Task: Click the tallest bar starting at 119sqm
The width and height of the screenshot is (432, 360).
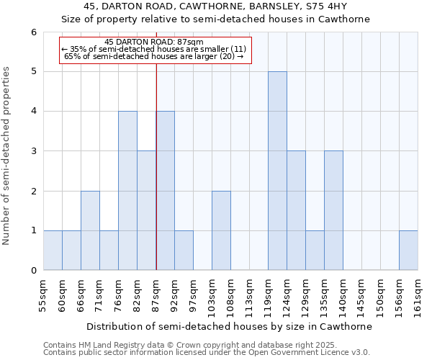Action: coord(277,171)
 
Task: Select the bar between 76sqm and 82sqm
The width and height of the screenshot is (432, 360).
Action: coord(127,191)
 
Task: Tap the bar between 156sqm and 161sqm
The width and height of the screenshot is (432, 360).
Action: coord(408,251)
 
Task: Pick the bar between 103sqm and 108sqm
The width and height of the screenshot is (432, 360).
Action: coord(221,230)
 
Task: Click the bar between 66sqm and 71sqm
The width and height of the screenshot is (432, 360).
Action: coord(90,230)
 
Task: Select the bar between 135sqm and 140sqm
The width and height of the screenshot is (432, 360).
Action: coord(333,210)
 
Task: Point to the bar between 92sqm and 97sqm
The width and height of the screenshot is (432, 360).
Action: coord(184,251)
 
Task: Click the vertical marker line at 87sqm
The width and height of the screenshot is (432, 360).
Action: coord(156,166)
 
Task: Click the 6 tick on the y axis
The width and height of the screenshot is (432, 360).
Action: coord(33,32)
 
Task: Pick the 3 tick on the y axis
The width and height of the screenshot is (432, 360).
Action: coord(33,151)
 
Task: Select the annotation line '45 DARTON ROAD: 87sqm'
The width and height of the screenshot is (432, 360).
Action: coord(154,42)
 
